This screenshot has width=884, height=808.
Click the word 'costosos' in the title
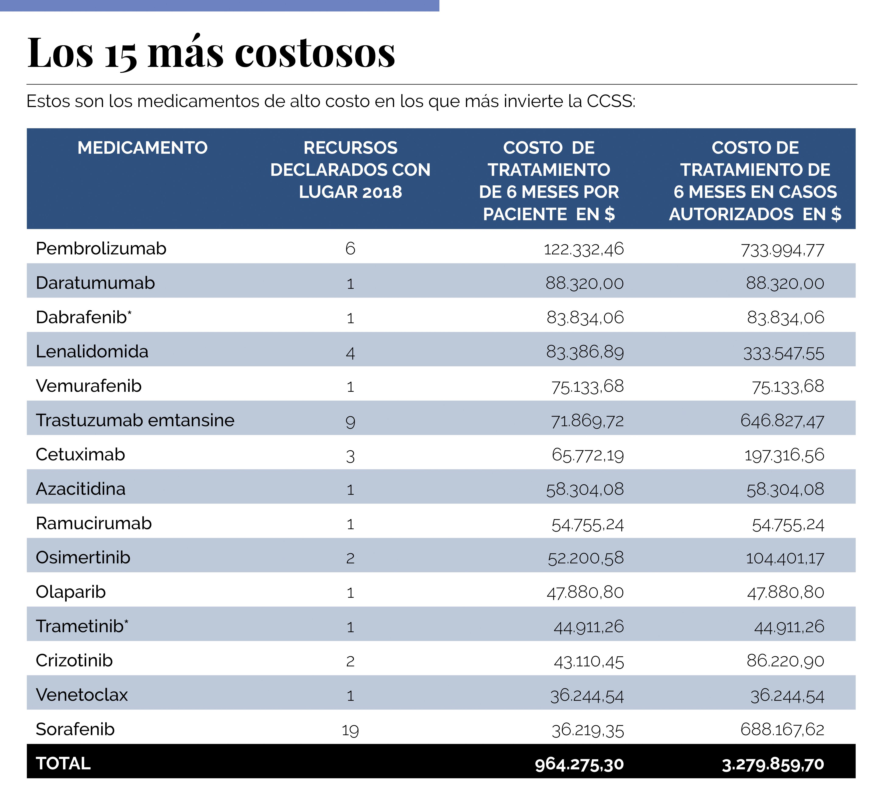click(315, 54)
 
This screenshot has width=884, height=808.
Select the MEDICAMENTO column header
click(143, 148)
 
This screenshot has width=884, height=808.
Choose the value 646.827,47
click(782, 421)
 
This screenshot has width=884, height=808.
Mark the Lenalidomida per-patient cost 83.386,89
click(585, 352)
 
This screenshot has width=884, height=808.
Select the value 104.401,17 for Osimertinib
click(785, 558)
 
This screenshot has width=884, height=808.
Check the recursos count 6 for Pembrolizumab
click(350, 249)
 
